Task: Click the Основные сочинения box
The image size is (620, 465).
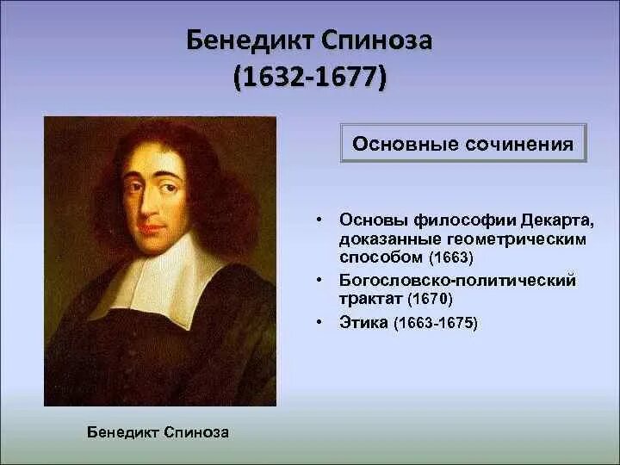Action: (x=462, y=143)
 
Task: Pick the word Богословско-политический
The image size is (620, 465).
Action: (x=457, y=281)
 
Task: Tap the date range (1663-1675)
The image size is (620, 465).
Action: (x=435, y=324)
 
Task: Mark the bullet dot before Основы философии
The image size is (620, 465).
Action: (x=319, y=220)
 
